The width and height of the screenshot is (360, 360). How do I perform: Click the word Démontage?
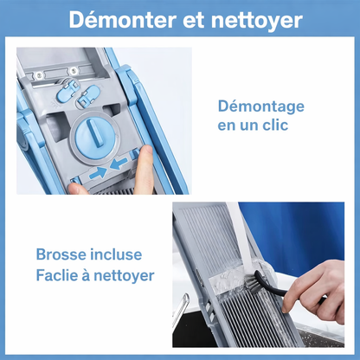[x=260, y=106]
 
